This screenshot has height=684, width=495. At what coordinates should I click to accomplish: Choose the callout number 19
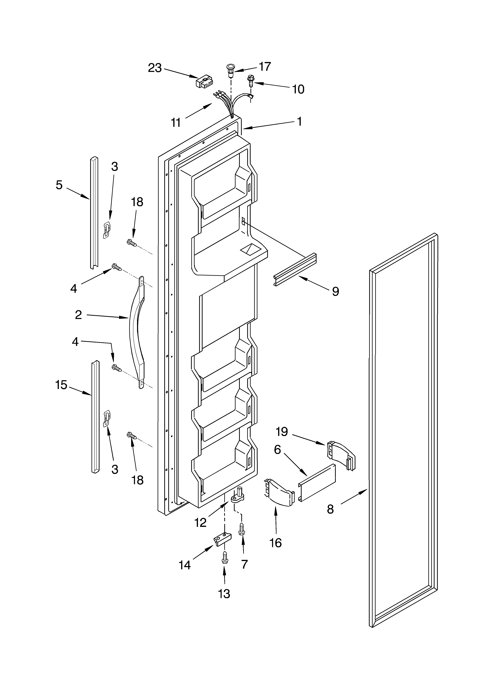282,432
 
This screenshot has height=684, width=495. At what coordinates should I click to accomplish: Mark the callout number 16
276,543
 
